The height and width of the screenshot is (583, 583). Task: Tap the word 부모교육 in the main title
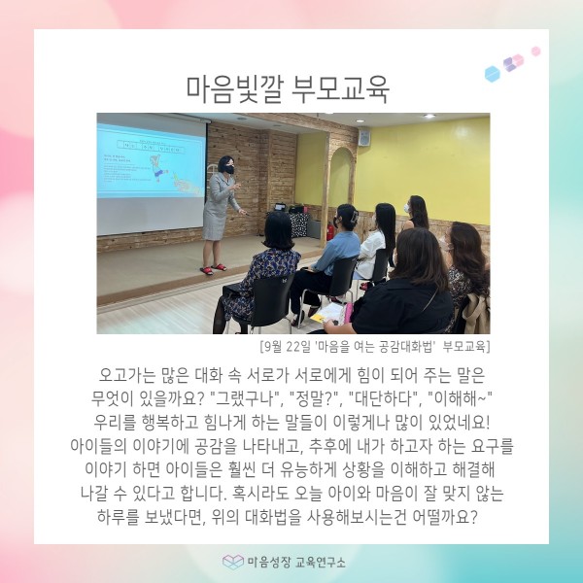coord(340,90)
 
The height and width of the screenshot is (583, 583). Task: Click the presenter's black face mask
coord(229,170)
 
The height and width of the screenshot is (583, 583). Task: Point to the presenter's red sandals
coord(213,269)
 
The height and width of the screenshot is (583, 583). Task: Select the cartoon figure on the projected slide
coord(158,168)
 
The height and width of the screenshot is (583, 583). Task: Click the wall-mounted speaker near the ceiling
coord(364,137)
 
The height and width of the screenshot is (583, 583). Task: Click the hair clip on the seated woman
coord(354,216)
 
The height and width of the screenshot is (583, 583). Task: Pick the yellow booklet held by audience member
coord(327,314)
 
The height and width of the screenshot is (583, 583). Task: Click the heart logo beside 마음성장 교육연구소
coord(233,562)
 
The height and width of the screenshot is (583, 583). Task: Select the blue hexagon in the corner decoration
coord(493,74)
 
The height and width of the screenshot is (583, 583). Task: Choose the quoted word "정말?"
coord(316,399)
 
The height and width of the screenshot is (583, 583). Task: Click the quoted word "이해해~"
coord(460,399)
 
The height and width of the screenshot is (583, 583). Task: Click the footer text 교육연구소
coord(320,563)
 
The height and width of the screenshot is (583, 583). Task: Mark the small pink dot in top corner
coord(535,51)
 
